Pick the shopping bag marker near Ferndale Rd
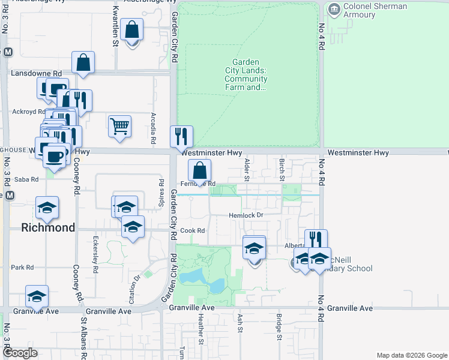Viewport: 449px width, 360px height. [199, 170]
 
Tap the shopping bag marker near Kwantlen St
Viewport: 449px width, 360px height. [131, 29]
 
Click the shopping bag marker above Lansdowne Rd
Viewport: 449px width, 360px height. [83, 62]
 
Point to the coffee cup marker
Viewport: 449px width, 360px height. [55, 157]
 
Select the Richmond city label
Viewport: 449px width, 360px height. [48, 227]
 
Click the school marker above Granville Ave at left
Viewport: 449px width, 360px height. [37, 296]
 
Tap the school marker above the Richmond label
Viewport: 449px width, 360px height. [47, 208]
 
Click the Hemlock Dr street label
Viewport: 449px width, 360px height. [246, 215]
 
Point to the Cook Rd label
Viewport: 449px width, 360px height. [193, 230]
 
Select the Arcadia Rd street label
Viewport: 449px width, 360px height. [154, 128]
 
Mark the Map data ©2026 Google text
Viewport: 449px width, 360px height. [411, 355]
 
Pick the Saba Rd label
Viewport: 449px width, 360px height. [26, 179]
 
